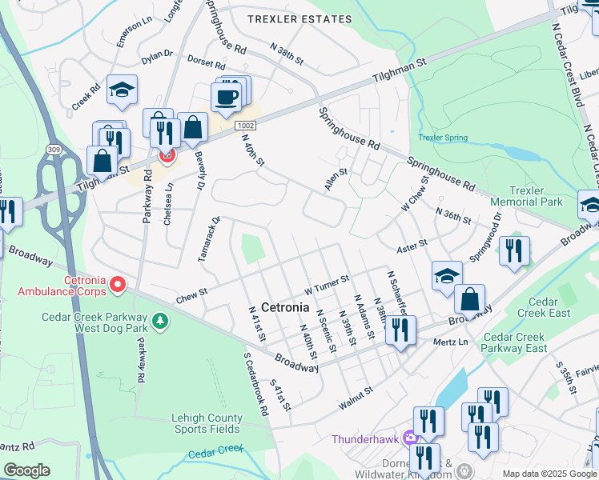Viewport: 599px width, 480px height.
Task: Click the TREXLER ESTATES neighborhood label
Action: coord(299,18)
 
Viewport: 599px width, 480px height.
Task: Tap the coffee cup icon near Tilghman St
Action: coord(225,97)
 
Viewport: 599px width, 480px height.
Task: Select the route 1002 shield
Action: coord(245,126)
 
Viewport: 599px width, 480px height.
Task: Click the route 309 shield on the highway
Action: coord(52,149)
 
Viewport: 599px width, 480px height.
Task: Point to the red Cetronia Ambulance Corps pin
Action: coord(118,284)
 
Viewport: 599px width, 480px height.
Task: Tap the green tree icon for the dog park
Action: coord(161,321)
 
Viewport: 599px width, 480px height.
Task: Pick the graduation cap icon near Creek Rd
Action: coord(122,90)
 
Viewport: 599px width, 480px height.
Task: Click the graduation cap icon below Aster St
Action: coord(447,276)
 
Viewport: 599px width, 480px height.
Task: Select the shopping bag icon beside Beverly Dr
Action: coord(192,127)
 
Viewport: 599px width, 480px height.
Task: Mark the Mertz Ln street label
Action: coord(449,341)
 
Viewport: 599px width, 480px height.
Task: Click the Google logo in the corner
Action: coord(26,470)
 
